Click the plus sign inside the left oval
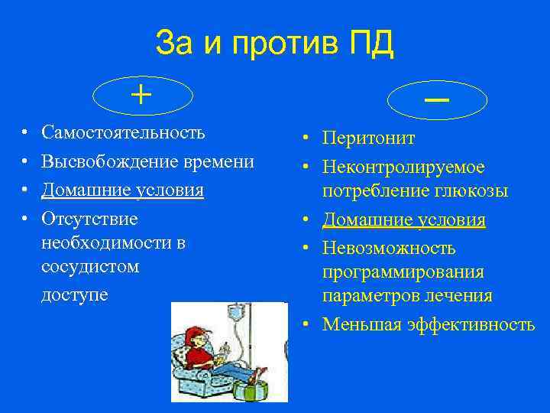click(x=141, y=95)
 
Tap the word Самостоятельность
click(x=123, y=132)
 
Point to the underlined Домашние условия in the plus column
click(x=122, y=190)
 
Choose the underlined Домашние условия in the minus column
click(x=403, y=220)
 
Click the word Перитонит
click(x=368, y=138)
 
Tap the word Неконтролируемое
click(x=403, y=166)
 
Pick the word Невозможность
click(x=389, y=248)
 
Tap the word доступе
click(x=74, y=294)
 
